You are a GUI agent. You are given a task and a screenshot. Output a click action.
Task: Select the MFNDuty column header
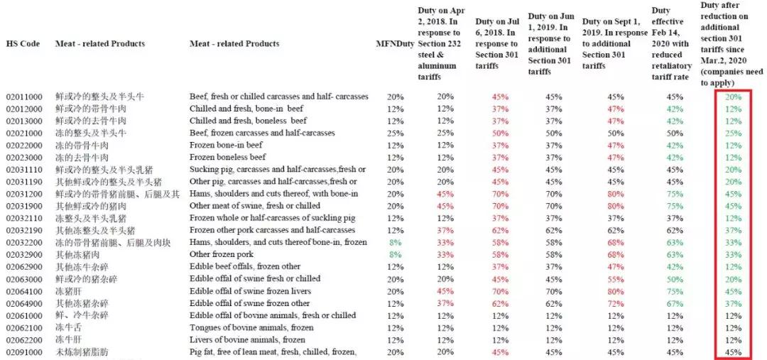pos(395,44)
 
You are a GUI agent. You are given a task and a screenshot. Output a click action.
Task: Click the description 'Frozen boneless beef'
pos(227,157)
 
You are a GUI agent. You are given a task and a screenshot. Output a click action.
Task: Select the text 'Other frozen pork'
pos(220,254)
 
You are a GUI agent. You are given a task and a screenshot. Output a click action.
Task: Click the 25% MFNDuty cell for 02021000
pos(395,133)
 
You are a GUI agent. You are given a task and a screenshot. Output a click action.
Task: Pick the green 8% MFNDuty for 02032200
pos(395,242)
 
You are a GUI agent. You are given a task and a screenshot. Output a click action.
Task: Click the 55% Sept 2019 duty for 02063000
pos(615,278)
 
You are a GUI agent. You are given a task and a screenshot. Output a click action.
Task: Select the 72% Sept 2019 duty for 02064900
pos(615,303)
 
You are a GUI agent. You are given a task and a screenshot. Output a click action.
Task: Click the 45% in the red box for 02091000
pos(734,352)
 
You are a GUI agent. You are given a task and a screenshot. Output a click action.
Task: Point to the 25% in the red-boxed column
pos(734,133)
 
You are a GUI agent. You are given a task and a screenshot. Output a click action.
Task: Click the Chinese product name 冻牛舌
pos(67,327)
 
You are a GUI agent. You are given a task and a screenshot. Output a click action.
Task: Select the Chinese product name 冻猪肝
pos(67,290)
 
